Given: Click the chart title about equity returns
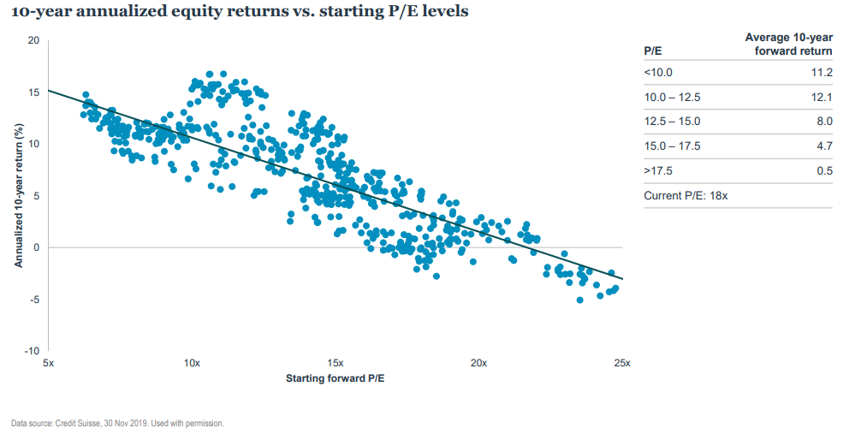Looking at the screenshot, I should (x=240, y=13).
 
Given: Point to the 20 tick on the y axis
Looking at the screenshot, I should (x=33, y=40).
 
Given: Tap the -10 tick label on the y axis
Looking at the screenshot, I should (x=32, y=351).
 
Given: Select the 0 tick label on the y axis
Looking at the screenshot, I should (x=36, y=247).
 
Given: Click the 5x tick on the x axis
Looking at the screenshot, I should (x=48, y=364).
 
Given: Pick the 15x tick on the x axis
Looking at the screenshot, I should (x=335, y=364).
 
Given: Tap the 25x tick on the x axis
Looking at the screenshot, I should (x=622, y=364).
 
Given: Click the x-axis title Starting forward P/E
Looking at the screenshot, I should (x=335, y=378).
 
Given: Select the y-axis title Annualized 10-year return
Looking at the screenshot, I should (x=18, y=196).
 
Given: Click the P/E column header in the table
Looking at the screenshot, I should (x=652, y=51).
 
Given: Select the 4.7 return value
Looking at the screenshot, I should (x=824, y=146).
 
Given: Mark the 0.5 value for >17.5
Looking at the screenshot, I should (x=824, y=170).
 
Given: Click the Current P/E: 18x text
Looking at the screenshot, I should (x=685, y=195).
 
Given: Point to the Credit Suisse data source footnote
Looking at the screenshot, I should (x=117, y=423).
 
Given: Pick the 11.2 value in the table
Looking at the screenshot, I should (x=822, y=73).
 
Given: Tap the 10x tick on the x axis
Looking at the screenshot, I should (x=192, y=364).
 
